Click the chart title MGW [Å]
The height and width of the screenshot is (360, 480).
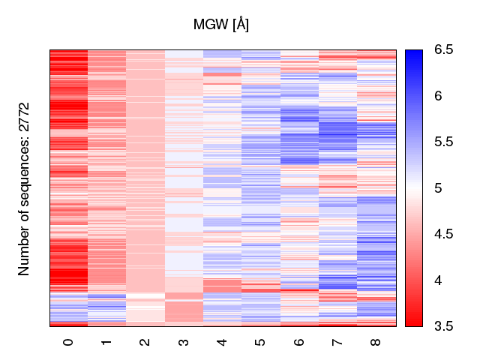coord(221,25)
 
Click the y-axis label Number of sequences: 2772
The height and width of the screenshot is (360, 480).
coord(25,188)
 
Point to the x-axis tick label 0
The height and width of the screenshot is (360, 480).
coord(68,342)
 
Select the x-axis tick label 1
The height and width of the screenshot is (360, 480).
coord(107,342)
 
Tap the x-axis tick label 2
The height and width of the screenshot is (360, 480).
coord(145,342)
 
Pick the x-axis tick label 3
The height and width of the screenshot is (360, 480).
coord(184,342)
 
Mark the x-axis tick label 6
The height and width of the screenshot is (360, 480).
coord(299,342)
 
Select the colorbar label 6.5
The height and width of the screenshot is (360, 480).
coord(443,50)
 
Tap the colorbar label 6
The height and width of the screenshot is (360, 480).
coord(436,96)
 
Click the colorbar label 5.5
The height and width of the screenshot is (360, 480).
coord(443,142)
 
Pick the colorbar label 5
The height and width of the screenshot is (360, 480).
coord(436,188)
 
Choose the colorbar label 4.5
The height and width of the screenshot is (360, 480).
coord(443,234)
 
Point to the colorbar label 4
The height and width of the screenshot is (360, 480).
coord(436,280)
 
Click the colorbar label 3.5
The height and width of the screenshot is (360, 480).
coord(443,325)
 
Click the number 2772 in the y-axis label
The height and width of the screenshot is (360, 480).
coord(25,118)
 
